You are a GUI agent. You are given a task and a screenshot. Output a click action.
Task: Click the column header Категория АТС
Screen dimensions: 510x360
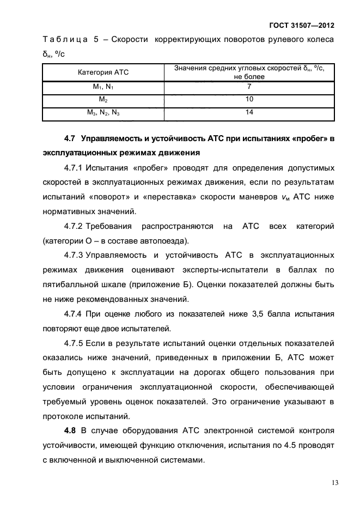tap(103, 72)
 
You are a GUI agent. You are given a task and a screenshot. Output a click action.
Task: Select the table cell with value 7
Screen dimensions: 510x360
tap(249, 87)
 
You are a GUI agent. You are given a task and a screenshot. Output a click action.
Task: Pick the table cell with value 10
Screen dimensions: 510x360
tap(249, 100)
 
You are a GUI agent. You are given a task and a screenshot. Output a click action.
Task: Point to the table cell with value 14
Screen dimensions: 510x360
tap(249, 112)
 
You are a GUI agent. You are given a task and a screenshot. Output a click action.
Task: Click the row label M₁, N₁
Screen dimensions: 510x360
tap(103, 87)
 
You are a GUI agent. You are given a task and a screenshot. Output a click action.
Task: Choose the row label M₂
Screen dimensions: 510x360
tap(103, 100)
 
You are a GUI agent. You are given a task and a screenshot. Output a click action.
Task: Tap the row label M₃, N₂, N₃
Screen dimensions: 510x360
tap(103, 113)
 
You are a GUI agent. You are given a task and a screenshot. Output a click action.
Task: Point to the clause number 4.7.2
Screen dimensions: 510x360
tap(74, 226)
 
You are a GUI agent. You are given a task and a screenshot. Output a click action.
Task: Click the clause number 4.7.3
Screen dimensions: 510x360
tap(74, 255)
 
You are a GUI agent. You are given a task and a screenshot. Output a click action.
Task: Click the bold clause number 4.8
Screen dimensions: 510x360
tap(71, 430)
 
